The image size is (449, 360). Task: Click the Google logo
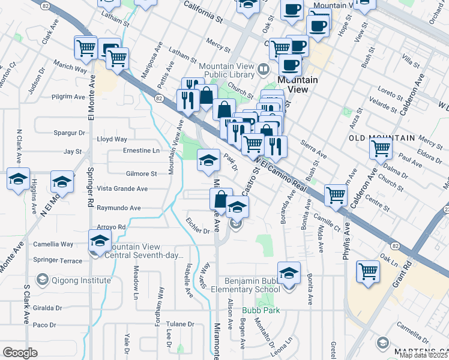tap(20, 353)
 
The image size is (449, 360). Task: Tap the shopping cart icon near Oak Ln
tap(368, 271)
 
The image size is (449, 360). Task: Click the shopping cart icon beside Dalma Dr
tap(381, 148)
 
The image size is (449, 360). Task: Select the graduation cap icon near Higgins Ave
tap(19, 179)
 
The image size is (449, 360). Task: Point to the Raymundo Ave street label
tap(119, 208)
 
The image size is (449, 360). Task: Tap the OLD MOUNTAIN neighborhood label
tap(382, 138)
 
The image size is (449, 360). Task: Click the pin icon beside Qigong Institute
tap(43, 280)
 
